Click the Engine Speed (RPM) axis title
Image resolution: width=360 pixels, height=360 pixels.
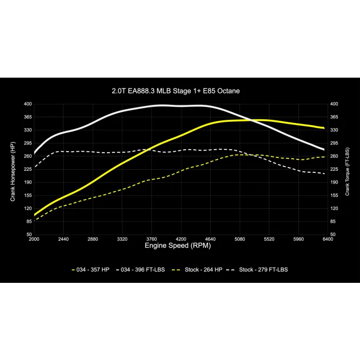click(177, 246)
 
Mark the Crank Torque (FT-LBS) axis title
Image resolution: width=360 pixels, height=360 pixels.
click(347, 169)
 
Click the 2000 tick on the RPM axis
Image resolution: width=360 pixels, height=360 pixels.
click(34, 239)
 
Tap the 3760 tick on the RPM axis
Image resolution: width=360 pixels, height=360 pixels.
click(151, 239)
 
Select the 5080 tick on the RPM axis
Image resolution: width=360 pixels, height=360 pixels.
click(240, 239)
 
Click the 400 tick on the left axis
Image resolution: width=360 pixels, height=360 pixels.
click(28, 104)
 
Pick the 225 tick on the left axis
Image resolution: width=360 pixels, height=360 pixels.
click(28, 169)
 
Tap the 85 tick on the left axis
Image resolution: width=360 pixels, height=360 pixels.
click(28, 221)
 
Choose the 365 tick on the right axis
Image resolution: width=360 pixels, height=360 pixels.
click(334, 117)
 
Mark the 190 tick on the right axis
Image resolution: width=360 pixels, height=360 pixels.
click(334, 182)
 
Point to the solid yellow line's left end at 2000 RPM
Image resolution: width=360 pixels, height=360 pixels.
click(34, 214)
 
